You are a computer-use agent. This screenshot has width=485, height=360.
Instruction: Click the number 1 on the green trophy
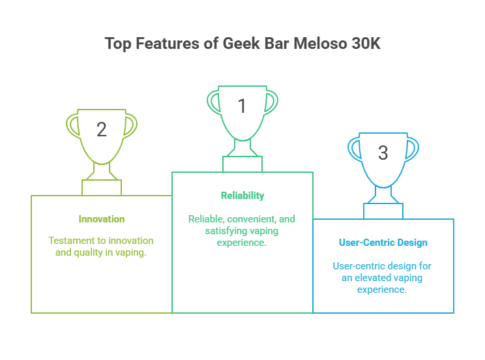242,106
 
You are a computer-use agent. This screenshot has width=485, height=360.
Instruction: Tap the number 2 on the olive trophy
102,129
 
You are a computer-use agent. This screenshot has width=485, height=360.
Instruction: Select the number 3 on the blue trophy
383,153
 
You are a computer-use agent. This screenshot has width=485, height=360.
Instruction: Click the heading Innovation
102,219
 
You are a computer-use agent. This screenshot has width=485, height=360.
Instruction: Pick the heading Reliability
242,196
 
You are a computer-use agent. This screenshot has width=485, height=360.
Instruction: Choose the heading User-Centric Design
383,243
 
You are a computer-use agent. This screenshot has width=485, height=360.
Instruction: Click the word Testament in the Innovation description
70,241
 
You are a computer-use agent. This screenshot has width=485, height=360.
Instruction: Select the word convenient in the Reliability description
250,219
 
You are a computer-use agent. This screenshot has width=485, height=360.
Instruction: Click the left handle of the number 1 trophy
213,101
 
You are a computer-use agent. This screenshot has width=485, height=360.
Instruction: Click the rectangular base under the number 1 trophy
242,164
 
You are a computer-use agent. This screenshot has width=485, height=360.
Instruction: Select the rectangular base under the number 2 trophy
102,187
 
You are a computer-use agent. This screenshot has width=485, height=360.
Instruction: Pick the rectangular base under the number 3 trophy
383,211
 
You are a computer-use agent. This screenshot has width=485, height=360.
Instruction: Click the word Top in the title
117,44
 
